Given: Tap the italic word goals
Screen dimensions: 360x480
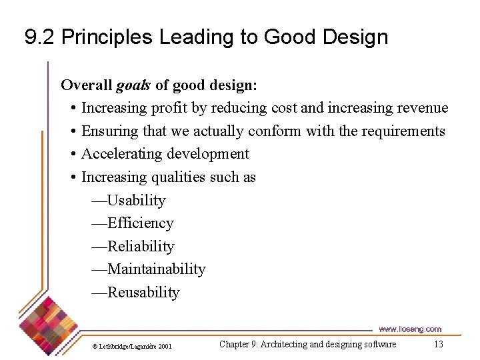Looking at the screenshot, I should (x=133, y=85).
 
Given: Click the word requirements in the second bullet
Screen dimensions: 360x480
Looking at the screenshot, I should (x=403, y=131).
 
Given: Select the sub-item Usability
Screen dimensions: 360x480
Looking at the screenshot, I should (x=136, y=200).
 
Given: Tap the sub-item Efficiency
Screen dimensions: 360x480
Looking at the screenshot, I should (x=140, y=223).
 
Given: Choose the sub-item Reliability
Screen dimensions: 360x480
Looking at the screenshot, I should (x=141, y=247).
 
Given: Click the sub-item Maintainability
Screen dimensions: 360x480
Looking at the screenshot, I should (x=156, y=269).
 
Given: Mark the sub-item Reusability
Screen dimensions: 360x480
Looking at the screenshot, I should (x=143, y=293).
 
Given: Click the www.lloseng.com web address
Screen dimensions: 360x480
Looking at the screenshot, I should (x=409, y=329).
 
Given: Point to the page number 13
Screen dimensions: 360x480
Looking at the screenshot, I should (x=438, y=345).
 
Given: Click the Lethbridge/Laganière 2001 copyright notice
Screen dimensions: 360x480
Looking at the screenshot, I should (x=131, y=346).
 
